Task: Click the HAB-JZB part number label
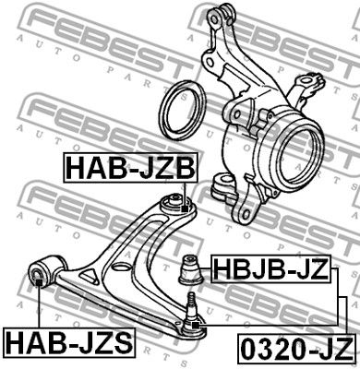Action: (130, 168)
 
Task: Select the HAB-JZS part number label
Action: (69, 342)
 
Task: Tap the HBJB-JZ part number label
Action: (270, 268)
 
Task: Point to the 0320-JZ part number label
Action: (296, 350)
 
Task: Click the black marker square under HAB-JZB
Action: (185, 208)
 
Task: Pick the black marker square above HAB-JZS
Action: (39, 282)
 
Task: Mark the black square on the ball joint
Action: (195, 325)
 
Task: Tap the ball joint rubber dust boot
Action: (191, 269)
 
